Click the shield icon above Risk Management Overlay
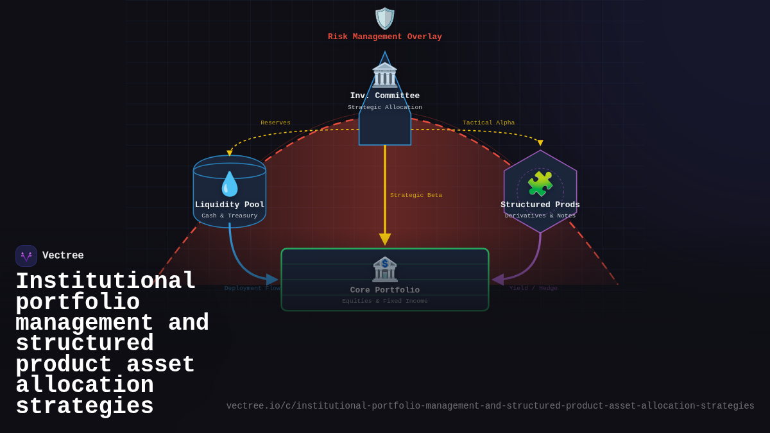pos(385,19)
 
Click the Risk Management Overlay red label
pos(385,37)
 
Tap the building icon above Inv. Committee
pos(385,75)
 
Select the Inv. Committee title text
pos(385,96)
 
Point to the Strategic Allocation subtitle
pos(385,108)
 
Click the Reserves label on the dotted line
pos(275,123)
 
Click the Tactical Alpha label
pos(488,123)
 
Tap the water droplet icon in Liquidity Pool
pos(230,184)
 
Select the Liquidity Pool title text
pos(230,205)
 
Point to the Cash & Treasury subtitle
pos(230,216)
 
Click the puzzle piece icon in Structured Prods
pos(540,184)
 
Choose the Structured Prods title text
pos(540,205)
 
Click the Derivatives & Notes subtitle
pos(540,216)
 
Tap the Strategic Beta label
pos(416,196)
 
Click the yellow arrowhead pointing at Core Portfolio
pos(385,239)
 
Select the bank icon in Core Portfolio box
pos(385,269)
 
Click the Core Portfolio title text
pos(385,291)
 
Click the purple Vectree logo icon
pos(26,256)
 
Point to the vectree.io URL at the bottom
pos(490,406)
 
